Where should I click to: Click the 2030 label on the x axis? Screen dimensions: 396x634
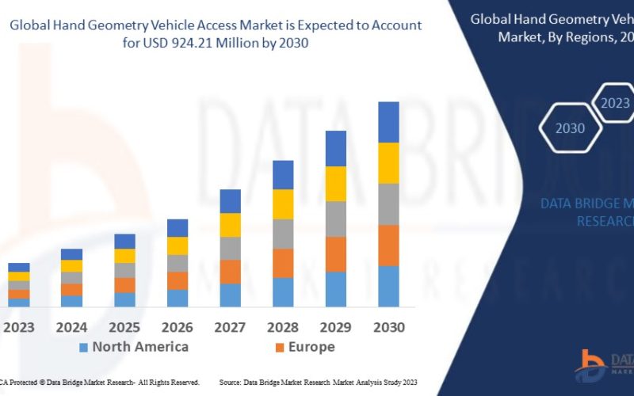pos(388,327)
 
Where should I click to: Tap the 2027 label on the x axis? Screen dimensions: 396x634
pos(230,327)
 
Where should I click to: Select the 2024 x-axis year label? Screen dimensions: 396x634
pos(72,327)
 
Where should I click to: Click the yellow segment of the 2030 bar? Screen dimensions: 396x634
pos(388,163)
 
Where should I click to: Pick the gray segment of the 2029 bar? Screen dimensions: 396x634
pos(336,219)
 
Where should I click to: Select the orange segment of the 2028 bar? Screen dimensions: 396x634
pos(283,263)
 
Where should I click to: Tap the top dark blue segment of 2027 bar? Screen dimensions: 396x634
pos(230,201)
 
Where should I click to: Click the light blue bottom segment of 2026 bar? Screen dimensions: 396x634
pos(178,298)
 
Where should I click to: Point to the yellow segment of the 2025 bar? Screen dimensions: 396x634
pos(124,256)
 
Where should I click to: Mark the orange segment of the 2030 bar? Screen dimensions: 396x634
pos(388,246)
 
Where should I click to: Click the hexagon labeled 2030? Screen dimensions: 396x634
pos(570,128)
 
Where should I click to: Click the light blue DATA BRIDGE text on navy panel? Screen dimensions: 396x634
pos(586,204)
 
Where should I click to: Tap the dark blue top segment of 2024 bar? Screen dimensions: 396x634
pos(72,254)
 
